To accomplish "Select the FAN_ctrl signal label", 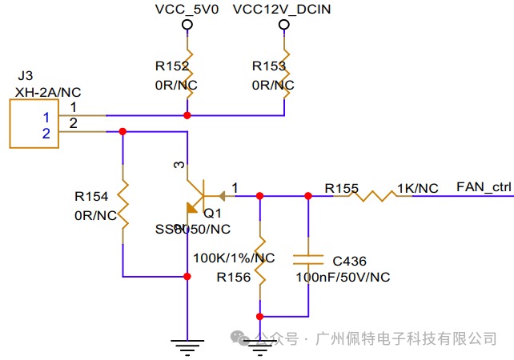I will point(483,187).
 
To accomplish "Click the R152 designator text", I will point(171,66).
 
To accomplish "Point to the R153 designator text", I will point(267,66).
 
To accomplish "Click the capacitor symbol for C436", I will point(308,259).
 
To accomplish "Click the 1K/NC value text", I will point(418,188).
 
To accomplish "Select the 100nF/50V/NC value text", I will point(342,277).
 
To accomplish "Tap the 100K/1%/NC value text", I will point(235,258).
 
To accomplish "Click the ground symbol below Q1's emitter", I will point(187,345).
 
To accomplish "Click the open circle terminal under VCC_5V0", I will point(187,25).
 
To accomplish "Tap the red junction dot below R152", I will point(187,115).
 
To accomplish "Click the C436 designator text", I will point(349,261).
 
